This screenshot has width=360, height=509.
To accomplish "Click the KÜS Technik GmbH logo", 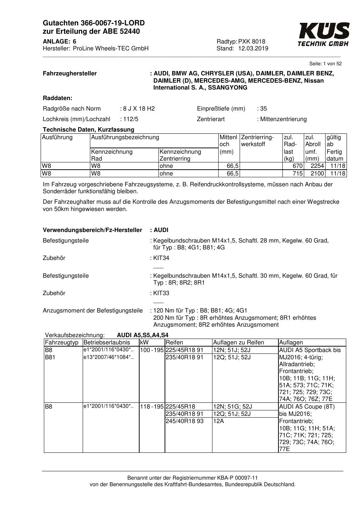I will pyautogui.click(x=324, y=34).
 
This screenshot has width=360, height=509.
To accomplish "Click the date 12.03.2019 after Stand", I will pyautogui.click(x=253, y=48).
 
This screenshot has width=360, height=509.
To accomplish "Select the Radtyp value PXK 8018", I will pyautogui.click(x=252, y=41).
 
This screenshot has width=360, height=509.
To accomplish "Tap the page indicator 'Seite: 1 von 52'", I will pyautogui.click(x=325, y=64).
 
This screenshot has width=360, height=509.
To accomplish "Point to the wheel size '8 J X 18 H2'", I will pyautogui.click(x=138, y=109).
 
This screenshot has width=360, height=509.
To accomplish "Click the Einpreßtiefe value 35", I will pyautogui.click(x=263, y=109).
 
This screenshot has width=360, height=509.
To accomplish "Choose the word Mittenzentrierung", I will pyautogui.click(x=283, y=119).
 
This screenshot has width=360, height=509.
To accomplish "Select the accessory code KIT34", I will pyautogui.click(x=161, y=258).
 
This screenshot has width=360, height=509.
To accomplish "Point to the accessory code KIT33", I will pyautogui.click(x=161, y=293).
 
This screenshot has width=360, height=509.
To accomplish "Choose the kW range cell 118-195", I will pyautogui.click(x=152, y=407).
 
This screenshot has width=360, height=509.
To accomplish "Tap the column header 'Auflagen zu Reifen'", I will pyautogui.click(x=239, y=342).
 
